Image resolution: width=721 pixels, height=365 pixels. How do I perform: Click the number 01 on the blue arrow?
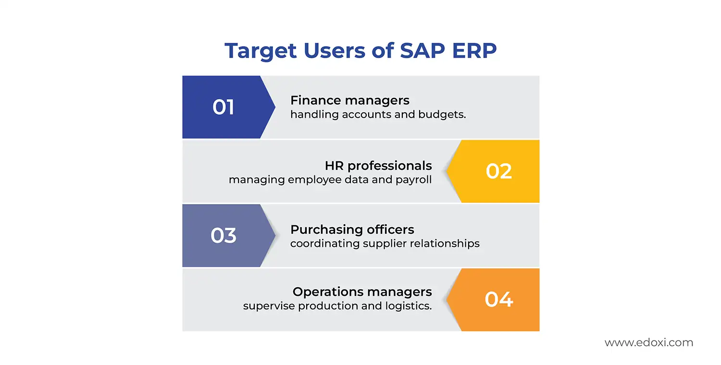pos(224,107)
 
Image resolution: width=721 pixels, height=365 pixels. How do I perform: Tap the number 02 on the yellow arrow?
pos(499,171)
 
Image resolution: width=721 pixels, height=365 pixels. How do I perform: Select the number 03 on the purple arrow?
pos(224,235)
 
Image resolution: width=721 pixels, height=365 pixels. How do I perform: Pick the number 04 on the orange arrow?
pos(499,300)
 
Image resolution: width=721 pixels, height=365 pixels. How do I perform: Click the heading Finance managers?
pos(350,100)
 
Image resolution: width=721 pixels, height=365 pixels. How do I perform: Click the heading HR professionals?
pos(378,166)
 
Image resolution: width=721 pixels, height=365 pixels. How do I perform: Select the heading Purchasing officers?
pos(352,230)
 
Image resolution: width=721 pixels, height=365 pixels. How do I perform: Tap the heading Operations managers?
pos(362,292)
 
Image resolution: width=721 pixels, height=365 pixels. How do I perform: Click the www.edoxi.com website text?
pos(649,343)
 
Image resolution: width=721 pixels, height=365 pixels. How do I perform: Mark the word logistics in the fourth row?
pos(409,306)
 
